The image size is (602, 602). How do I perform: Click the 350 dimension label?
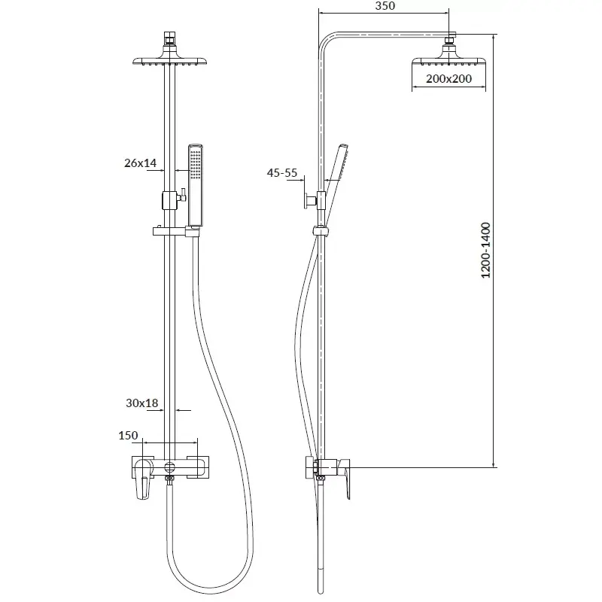click(384, 6)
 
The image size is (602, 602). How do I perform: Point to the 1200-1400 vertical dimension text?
click(486, 251)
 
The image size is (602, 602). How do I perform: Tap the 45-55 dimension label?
click(282, 173)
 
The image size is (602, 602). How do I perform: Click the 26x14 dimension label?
click(141, 162)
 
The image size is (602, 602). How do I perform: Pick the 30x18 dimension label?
click(141, 403)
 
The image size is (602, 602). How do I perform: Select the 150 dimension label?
click(128, 436)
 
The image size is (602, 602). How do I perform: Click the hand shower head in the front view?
click(196, 184)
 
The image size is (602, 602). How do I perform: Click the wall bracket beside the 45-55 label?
click(310, 200)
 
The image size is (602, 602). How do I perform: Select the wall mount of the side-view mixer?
click(309, 467)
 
